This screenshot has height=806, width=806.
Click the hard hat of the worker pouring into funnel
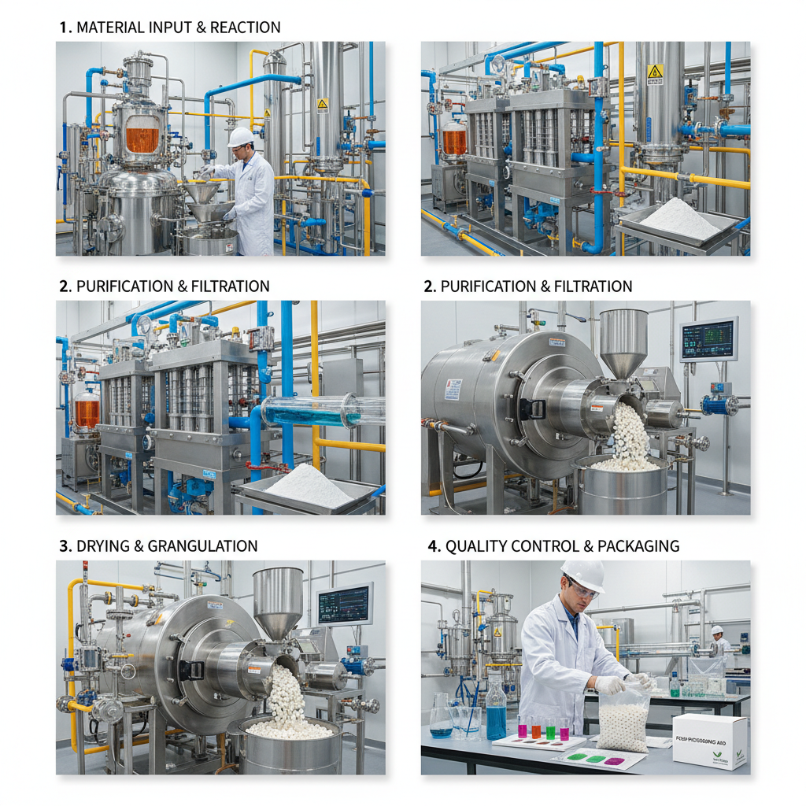coord(241,137)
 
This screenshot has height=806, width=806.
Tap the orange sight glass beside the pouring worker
coord(142,139)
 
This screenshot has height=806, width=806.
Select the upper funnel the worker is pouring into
coord(202,192)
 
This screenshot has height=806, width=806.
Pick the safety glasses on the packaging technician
coord(582,590)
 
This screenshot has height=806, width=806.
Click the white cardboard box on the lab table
coord(709,741)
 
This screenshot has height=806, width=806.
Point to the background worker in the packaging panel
coord(717,640)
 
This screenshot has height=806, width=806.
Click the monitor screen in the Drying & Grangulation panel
coord(344,604)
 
